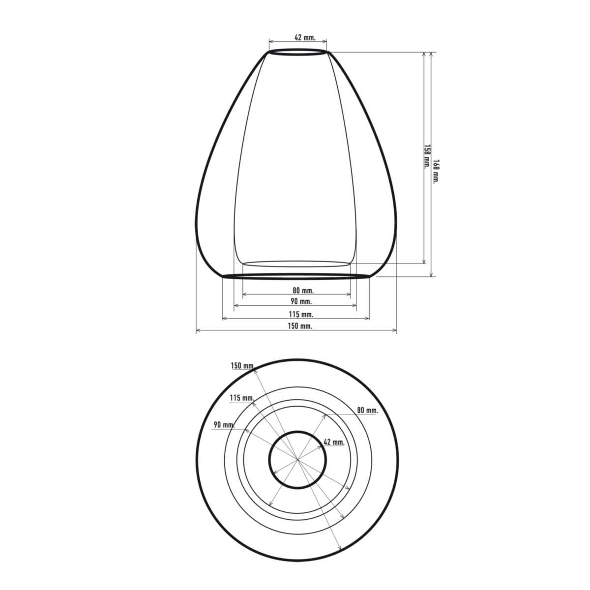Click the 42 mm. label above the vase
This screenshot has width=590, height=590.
coord(305,37)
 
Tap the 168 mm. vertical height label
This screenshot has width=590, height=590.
coord(436,171)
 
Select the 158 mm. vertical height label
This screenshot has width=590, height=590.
coord(426,156)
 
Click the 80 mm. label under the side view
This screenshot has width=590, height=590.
coord(303,290)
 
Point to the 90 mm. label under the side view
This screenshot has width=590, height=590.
coord(301,301)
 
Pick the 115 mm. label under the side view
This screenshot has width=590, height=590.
coord(301,314)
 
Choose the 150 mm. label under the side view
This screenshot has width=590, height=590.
coord(300,326)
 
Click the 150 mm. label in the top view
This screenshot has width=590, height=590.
coord(243,366)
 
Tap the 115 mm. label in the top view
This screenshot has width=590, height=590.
coord(242,398)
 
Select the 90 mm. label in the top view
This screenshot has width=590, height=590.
coord(224,425)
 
